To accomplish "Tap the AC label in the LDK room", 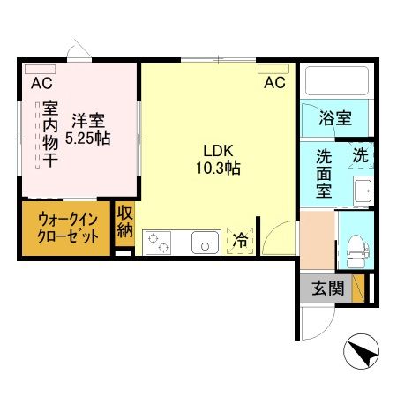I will click(274, 84).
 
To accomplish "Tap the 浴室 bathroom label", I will click(334, 117).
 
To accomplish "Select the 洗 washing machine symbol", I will click(360, 153).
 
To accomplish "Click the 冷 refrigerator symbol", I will click(239, 238).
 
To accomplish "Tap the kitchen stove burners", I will click(161, 240).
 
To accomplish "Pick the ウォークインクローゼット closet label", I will click(66, 228).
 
